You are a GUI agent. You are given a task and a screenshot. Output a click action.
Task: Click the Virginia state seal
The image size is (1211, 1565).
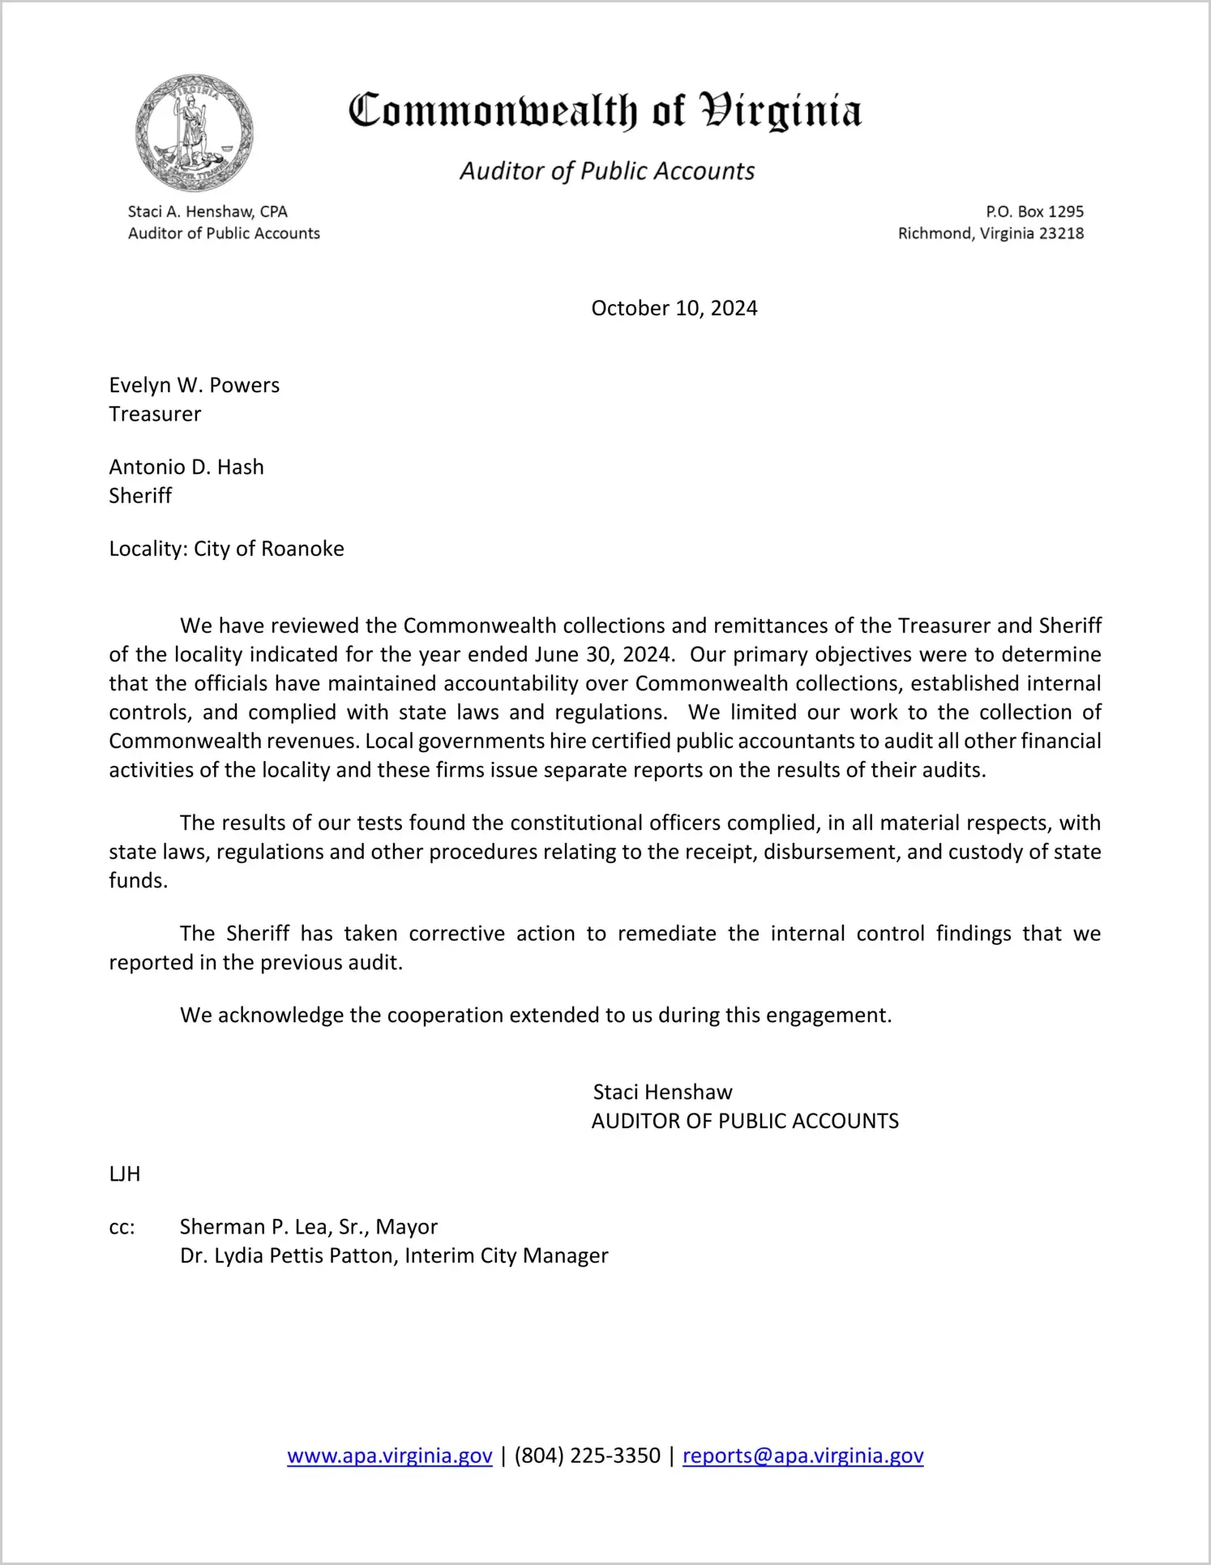pos(194,133)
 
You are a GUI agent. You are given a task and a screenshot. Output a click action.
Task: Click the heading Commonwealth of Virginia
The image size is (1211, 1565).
pos(605,111)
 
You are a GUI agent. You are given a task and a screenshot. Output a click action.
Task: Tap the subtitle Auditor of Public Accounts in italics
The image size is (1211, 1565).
pos(607,171)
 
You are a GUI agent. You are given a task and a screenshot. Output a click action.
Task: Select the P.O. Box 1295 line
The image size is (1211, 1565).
pos(1034,212)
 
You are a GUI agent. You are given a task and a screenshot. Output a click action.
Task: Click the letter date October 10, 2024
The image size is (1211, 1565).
pos(674,308)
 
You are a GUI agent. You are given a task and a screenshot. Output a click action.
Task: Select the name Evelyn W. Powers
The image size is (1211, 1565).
pos(195,385)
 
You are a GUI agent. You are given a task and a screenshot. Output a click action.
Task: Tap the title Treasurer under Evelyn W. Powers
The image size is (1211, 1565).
pos(155,414)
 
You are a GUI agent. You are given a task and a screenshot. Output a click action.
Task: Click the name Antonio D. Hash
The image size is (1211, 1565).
pos(186,467)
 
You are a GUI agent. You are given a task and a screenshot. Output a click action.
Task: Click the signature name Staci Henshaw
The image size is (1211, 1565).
pos(662,1093)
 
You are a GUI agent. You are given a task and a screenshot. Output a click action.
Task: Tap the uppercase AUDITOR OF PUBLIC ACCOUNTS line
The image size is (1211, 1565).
pos(745,1122)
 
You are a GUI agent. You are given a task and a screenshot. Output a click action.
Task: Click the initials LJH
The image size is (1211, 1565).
pos(125,1174)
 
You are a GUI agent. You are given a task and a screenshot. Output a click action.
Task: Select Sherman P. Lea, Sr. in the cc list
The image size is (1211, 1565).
pos(274,1227)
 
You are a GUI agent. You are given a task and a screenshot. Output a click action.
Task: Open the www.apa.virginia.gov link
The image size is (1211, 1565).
pos(390,1456)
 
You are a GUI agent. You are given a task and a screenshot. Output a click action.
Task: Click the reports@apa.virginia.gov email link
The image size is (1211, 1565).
pos(802,1456)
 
